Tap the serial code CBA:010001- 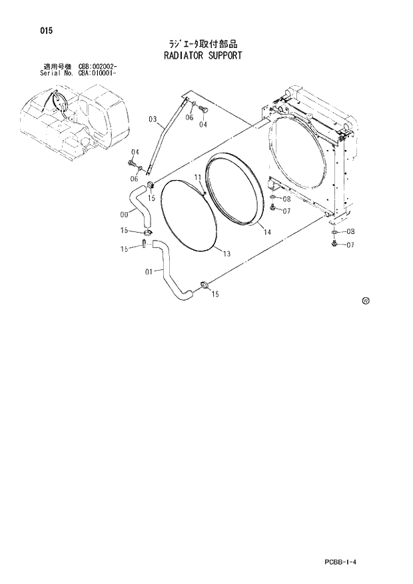[x=98, y=74]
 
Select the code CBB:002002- [x=98, y=67]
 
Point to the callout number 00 [x=124, y=214]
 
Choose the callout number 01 [x=149, y=271]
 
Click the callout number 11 [x=198, y=177]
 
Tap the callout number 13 [x=226, y=253]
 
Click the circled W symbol [x=365, y=301]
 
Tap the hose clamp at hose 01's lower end [x=204, y=287]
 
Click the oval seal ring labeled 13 [x=189, y=215]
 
